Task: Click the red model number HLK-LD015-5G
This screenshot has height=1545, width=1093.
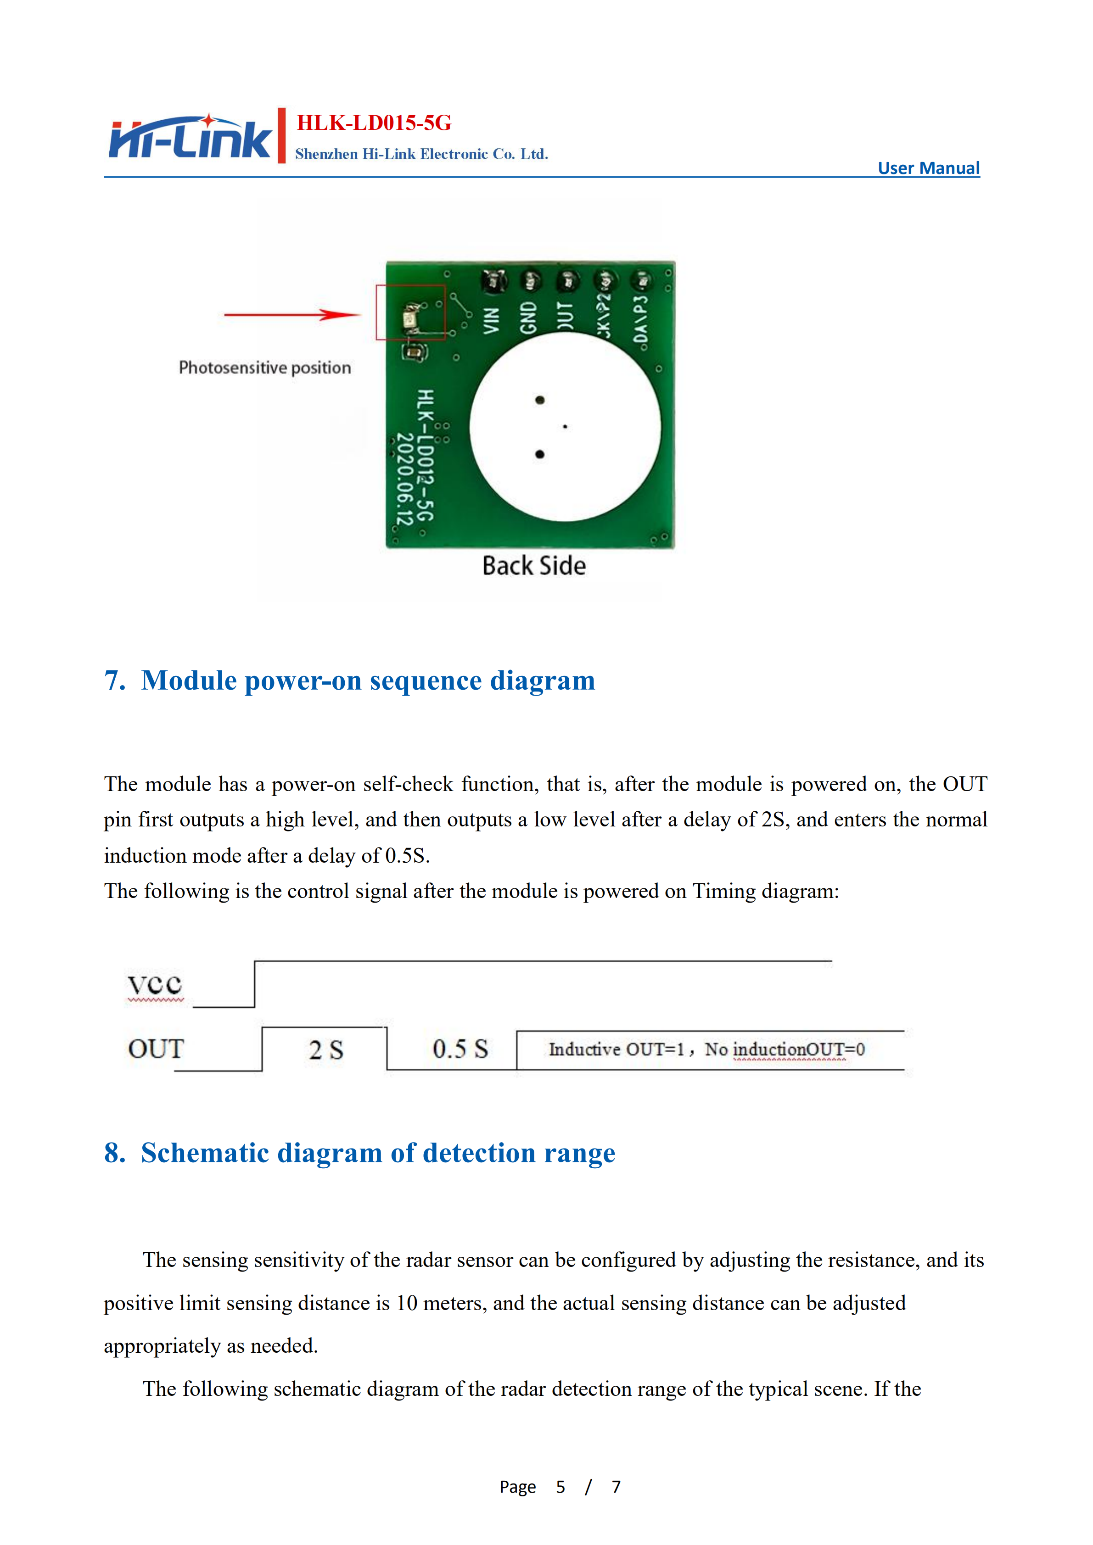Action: (x=374, y=123)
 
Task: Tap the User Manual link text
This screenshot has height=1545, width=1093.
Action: (x=928, y=168)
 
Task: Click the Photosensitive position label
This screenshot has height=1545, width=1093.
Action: (x=264, y=368)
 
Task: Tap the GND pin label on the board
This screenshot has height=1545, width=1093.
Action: (x=528, y=318)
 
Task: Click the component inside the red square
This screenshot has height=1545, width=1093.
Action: (x=410, y=317)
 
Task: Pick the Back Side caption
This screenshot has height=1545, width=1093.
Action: (x=534, y=566)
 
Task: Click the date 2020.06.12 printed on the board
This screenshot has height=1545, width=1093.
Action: (x=404, y=479)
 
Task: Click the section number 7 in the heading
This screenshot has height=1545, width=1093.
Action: (x=114, y=680)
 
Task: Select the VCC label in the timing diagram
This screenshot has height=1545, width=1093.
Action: (x=155, y=984)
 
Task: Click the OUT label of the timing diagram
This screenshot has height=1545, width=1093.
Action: (x=156, y=1049)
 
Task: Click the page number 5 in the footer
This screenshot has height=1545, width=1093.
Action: (x=560, y=1486)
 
